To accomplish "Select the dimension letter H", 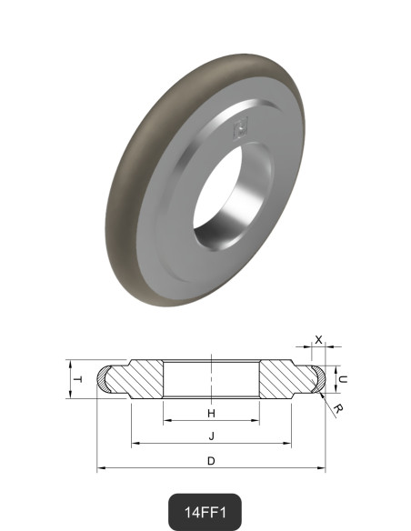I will tap(211, 414).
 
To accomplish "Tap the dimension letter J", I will tap(211, 436).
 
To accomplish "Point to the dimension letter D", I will tap(211, 461).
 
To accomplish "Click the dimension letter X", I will tap(318, 339).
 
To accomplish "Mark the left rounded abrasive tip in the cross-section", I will tap(107, 378).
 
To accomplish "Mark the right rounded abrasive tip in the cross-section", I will tap(315, 378).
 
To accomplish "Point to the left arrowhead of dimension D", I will tap(100, 468).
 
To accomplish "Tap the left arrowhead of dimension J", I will tap(135, 444).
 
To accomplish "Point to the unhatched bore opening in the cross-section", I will tap(211, 378).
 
